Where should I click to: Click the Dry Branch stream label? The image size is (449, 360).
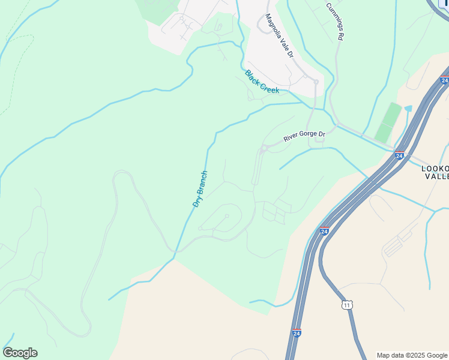pos(200,189)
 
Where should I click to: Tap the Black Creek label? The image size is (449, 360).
pos(262,82)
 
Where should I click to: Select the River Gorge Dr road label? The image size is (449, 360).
pos(304,137)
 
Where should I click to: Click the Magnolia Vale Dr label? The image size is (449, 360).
pos(280,37)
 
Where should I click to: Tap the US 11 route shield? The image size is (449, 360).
pos(347,305)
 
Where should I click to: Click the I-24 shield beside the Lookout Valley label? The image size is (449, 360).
pos(399,155)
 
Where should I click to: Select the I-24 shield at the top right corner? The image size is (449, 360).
pos(444,80)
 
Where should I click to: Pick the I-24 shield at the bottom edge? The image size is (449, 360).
pos(297,332)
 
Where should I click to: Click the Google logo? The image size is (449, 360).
pos(20,353)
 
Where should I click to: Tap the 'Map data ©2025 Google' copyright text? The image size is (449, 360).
pos(412,355)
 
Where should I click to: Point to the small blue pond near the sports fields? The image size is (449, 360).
pos(408,109)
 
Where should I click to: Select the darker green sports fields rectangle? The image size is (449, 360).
pos(387,122)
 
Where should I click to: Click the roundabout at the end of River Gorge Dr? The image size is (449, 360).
pos(264,148)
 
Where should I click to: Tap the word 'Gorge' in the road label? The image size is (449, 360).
pos(306,137)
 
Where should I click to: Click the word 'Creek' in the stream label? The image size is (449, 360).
pos(270,87)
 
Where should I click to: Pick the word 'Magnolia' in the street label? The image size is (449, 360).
pos(274,27)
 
